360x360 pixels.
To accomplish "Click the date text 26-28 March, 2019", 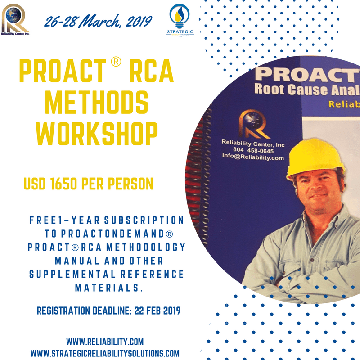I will coord(98,21).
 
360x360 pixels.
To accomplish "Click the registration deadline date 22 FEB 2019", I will coord(157,311).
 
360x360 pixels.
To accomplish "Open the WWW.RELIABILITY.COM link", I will coord(104,342).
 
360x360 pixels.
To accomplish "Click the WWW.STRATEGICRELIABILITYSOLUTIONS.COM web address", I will coord(104,353).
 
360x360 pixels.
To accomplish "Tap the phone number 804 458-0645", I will coord(252,150).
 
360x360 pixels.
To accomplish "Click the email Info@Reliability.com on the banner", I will coord(252,157).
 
